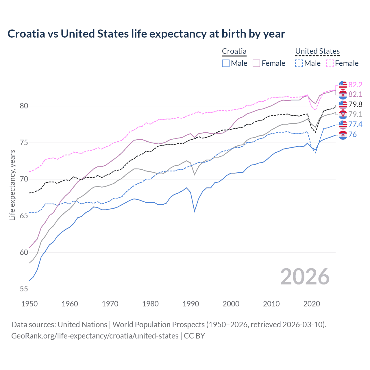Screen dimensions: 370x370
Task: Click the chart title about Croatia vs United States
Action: tap(146, 34)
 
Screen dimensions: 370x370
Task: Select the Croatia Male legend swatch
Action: tap(226, 63)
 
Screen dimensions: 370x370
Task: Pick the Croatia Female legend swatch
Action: tap(256, 63)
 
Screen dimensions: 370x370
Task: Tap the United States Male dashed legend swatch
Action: tap(299, 63)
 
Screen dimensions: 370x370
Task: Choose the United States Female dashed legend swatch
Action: tap(330, 63)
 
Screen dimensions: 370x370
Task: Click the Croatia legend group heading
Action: tap(234, 51)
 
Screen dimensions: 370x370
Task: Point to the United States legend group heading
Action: tap(317, 51)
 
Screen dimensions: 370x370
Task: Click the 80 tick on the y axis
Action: tap(24, 106)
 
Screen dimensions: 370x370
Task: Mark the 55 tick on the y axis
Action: tap(24, 289)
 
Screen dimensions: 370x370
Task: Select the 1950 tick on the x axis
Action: tap(29, 304)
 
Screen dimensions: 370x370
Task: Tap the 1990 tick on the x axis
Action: tap(191, 304)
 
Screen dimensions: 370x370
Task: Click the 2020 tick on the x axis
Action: tap(312, 304)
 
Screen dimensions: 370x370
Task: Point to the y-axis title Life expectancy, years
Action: tap(12, 185)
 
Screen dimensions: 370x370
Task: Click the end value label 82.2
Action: tap(355, 85)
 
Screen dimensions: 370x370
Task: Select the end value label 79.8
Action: tap(355, 104)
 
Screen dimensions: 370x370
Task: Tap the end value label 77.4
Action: tap(355, 124)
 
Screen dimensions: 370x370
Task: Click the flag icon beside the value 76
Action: tap(343, 135)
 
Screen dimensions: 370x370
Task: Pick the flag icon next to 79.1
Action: tap(343, 114)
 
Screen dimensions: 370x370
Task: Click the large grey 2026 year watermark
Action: tap(305, 277)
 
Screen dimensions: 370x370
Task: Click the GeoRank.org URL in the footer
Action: tap(95, 336)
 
